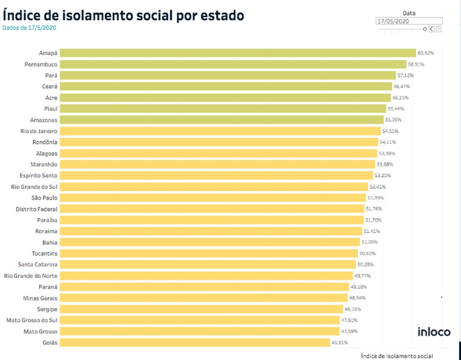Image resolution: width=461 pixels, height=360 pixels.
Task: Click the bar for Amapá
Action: (x=238, y=53)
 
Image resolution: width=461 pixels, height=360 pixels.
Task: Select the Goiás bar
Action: (x=194, y=343)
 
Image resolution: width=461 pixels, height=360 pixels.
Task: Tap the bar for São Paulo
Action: (x=213, y=198)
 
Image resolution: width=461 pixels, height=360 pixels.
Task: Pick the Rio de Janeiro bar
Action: (x=220, y=131)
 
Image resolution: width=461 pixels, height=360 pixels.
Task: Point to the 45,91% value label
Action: (x=340, y=343)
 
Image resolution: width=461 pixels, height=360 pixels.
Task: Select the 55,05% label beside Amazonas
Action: (x=394, y=120)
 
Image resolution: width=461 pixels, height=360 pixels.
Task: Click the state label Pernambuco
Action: (x=41, y=64)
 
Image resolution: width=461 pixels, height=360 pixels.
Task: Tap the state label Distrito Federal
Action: (x=37, y=209)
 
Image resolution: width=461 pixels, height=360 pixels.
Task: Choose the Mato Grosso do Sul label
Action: (x=32, y=320)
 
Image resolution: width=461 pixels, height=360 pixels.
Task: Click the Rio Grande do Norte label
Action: (x=30, y=276)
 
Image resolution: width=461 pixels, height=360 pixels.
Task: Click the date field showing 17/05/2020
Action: (x=409, y=21)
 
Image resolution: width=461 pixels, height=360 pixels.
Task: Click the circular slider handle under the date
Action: (x=425, y=29)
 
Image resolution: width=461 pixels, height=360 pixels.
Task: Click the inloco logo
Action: (x=434, y=332)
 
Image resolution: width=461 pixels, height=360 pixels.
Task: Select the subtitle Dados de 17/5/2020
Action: (x=29, y=28)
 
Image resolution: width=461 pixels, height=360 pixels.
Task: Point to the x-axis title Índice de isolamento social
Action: (x=397, y=356)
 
